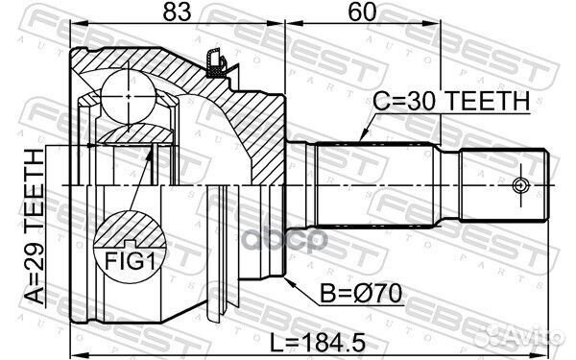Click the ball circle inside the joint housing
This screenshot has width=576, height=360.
pyautogui.click(x=129, y=90)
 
